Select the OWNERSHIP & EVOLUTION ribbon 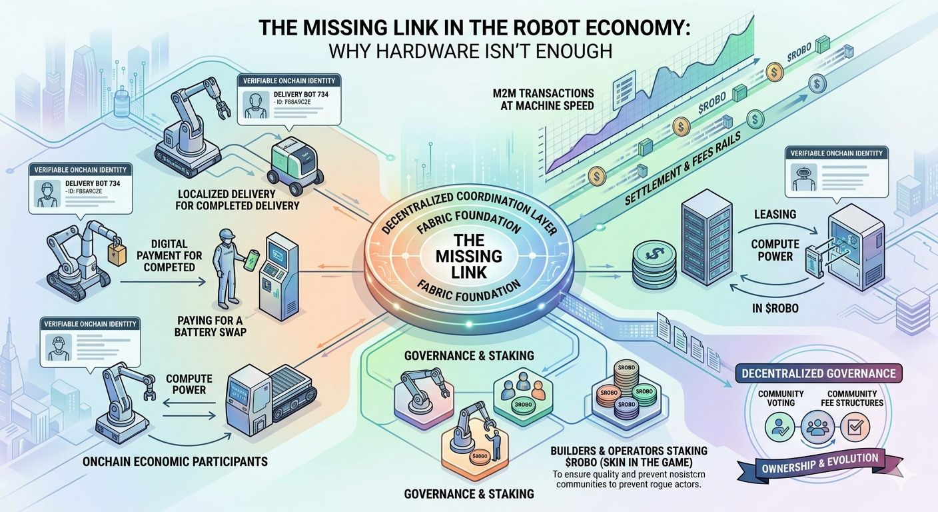(820, 462)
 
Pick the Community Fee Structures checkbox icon (853, 426)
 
